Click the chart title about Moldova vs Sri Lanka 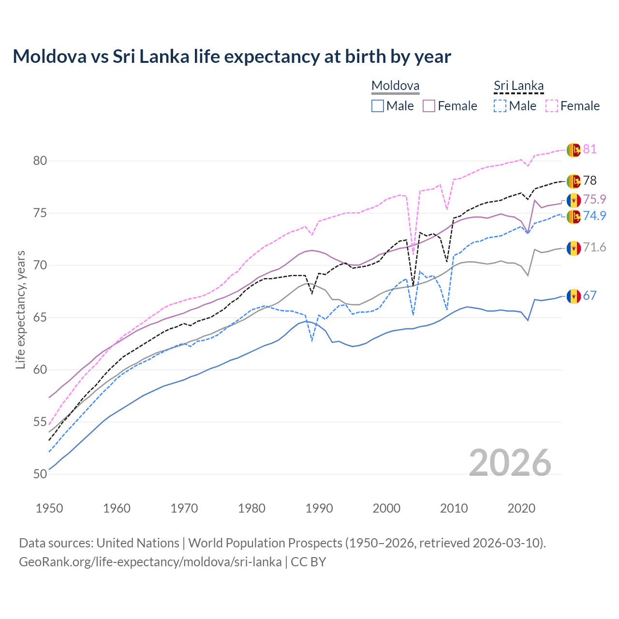(232, 57)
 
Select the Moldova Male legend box (378, 106)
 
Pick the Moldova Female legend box (429, 106)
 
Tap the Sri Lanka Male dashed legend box (500, 106)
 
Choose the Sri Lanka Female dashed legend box (552, 106)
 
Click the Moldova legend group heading (395, 86)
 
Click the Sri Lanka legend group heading (518, 86)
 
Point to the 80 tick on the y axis (40, 161)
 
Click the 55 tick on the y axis (40, 422)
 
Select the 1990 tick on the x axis (319, 508)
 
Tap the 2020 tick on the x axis (521, 508)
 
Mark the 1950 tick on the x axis (49, 508)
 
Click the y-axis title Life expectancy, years (20, 309)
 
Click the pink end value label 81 (590, 149)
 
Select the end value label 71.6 (594, 248)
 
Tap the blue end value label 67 (590, 295)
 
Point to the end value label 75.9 (594, 199)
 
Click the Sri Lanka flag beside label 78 (574, 181)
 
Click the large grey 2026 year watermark (510, 463)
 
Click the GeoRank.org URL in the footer (150, 562)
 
